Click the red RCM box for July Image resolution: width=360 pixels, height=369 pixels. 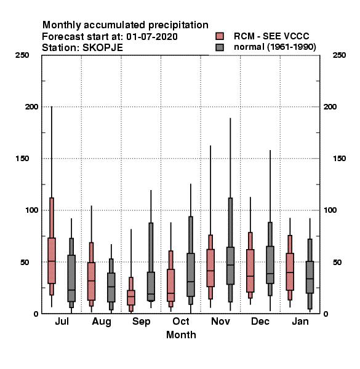[x=52, y=261]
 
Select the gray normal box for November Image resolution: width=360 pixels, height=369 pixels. [x=230, y=266]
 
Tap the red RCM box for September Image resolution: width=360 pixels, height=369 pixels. [x=131, y=298]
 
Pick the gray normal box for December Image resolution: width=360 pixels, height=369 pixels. [x=270, y=264]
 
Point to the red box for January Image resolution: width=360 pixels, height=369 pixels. [x=290, y=272]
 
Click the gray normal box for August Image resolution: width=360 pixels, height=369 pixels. [x=111, y=287]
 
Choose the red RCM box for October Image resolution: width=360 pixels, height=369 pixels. [x=170, y=285]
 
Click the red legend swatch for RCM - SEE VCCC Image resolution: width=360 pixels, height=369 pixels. [x=220, y=36]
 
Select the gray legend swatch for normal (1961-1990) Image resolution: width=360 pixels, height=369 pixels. [x=220, y=47]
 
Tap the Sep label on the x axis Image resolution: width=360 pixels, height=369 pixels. [x=141, y=322]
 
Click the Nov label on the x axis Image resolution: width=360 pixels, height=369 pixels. [x=220, y=322]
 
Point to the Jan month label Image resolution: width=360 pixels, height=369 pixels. [x=300, y=322]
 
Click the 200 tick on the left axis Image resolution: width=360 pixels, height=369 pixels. [x=31, y=106]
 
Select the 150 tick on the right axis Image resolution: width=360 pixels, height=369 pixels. [x=339, y=159]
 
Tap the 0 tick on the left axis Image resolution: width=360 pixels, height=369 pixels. [x=36, y=314]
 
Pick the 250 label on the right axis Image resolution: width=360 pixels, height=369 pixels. [x=339, y=55]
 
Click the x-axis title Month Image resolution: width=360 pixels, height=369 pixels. [x=181, y=335]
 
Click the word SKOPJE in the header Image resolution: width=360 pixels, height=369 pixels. [x=103, y=48]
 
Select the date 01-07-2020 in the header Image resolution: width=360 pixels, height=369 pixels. [x=152, y=36]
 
